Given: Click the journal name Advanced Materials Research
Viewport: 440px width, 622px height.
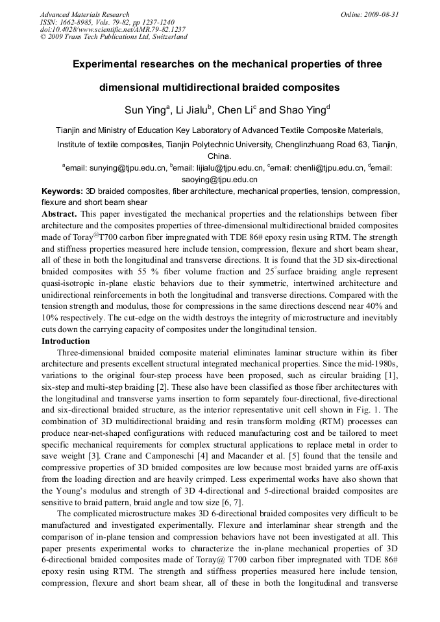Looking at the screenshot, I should [x=85, y=14].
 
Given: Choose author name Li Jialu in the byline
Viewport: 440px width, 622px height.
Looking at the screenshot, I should [x=195, y=110].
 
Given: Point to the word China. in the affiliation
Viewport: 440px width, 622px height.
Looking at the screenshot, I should [x=219, y=156].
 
